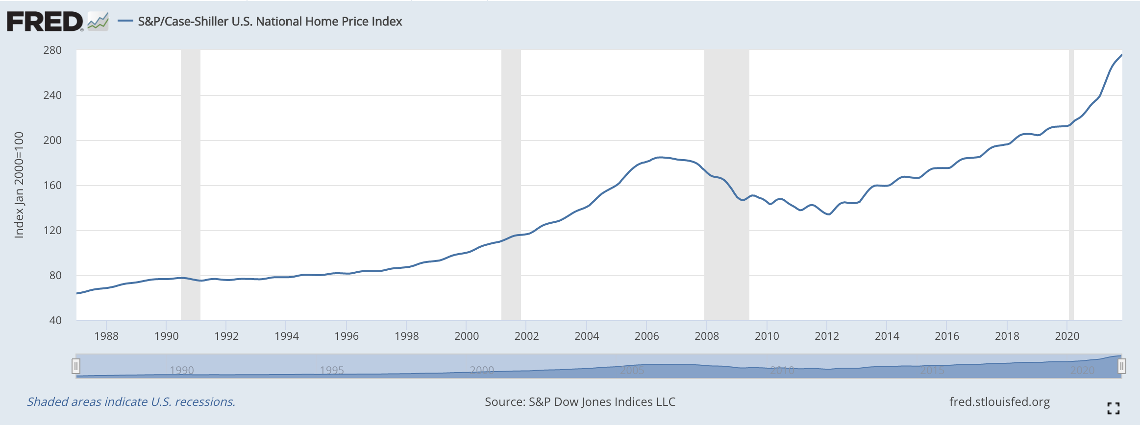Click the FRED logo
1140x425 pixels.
pyautogui.click(x=45, y=22)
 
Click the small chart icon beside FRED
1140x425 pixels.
pyautogui.click(x=98, y=22)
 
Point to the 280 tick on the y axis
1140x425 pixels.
pyautogui.click(x=52, y=50)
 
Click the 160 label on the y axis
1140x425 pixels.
pyautogui.click(x=52, y=185)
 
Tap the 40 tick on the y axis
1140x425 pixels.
pyautogui.click(x=55, y=320)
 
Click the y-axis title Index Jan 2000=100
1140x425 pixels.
pyautogui.click(x=19, y=185)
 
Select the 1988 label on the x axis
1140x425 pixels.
pyautogui.click(x=106, y=336)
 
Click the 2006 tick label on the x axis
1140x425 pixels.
pyautogui.click(x=646, y=336)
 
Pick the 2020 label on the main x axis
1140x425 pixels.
pyautogui.click(x=1067, y=336)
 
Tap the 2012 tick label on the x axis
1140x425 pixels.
pyautogui.click(x=827, y=336)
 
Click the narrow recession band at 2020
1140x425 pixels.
pyautogui.click(x=1071, y=196)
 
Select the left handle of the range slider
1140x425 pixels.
pyautogui.click(x=76, y=366)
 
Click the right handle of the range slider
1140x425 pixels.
pyautogui.click(x=1122, y=366)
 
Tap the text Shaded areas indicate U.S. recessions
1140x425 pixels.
pyautogui.click(x=131, y=401)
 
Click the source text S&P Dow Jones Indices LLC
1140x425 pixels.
pyautogui.click(x=580, y=401)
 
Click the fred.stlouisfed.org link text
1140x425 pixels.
pyautogui.click(x=999, y=401)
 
